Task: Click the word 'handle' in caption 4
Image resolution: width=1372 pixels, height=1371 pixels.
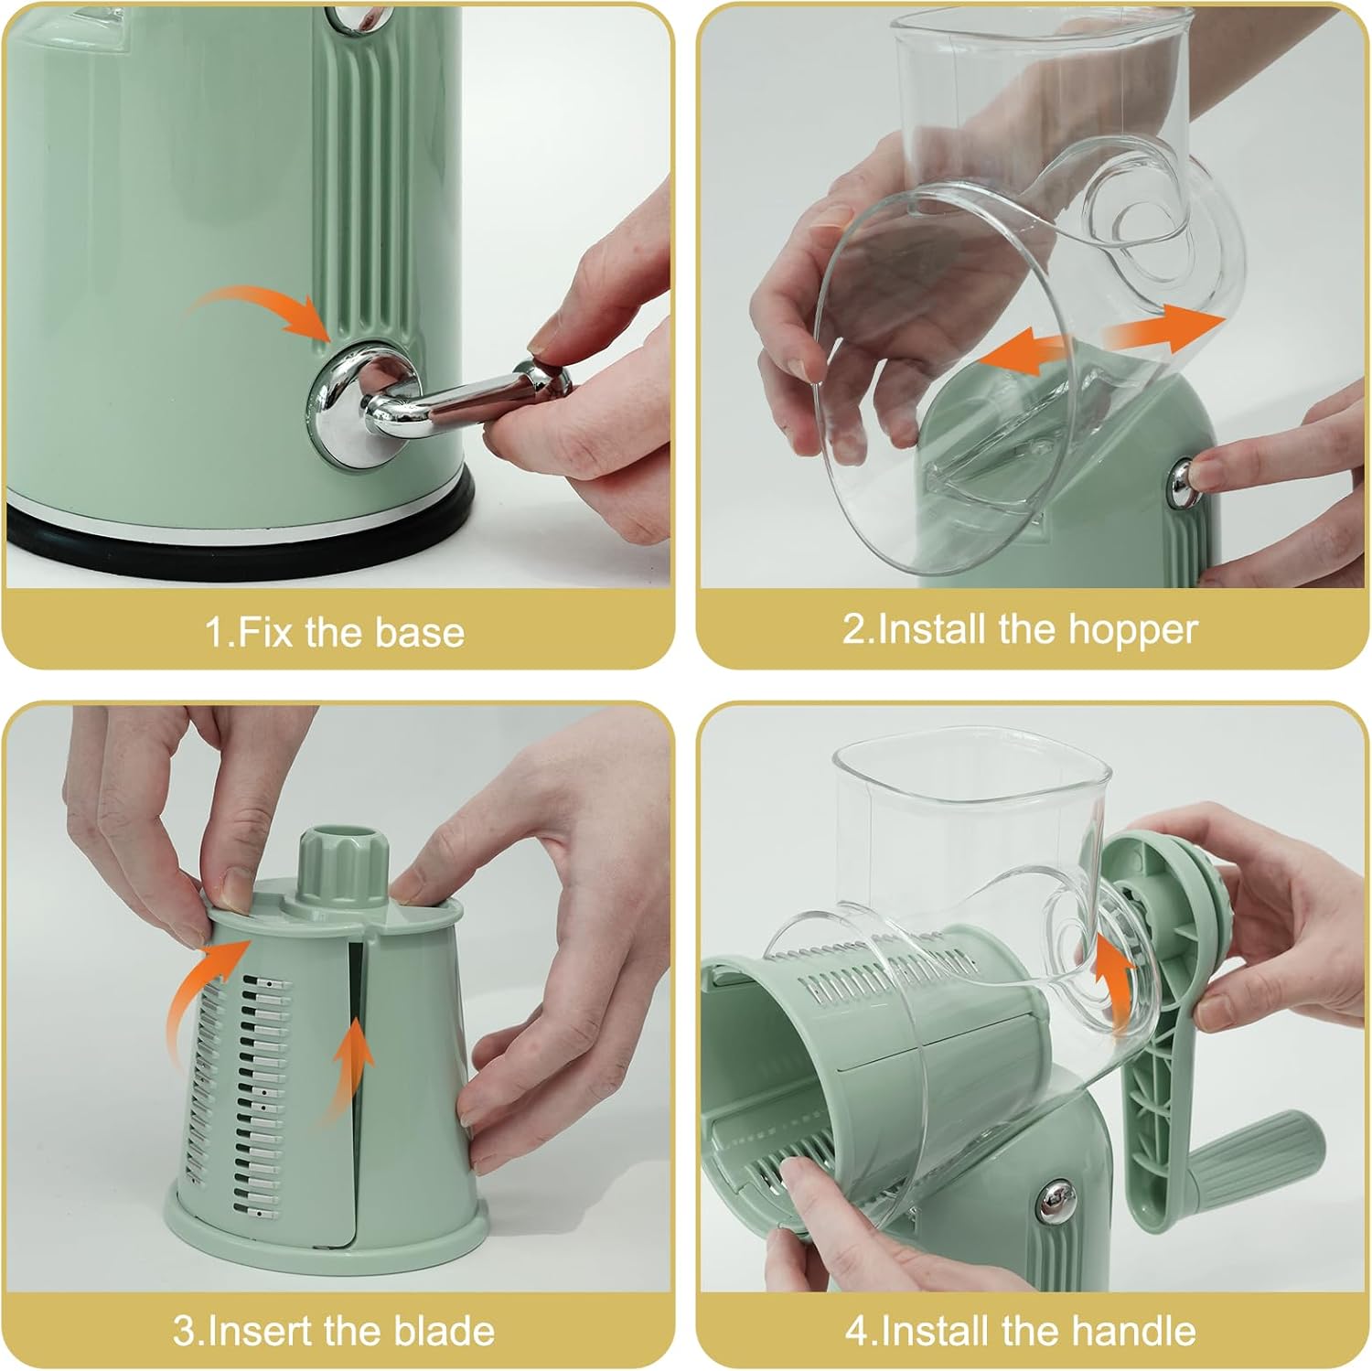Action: (x=1141, y=1331)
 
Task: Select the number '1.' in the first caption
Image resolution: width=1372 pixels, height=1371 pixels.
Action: (x=220, y=633)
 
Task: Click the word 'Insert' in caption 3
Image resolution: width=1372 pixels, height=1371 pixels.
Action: (x=259, y=1331)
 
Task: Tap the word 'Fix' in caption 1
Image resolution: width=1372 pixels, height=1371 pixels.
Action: (x=267, y=633)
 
